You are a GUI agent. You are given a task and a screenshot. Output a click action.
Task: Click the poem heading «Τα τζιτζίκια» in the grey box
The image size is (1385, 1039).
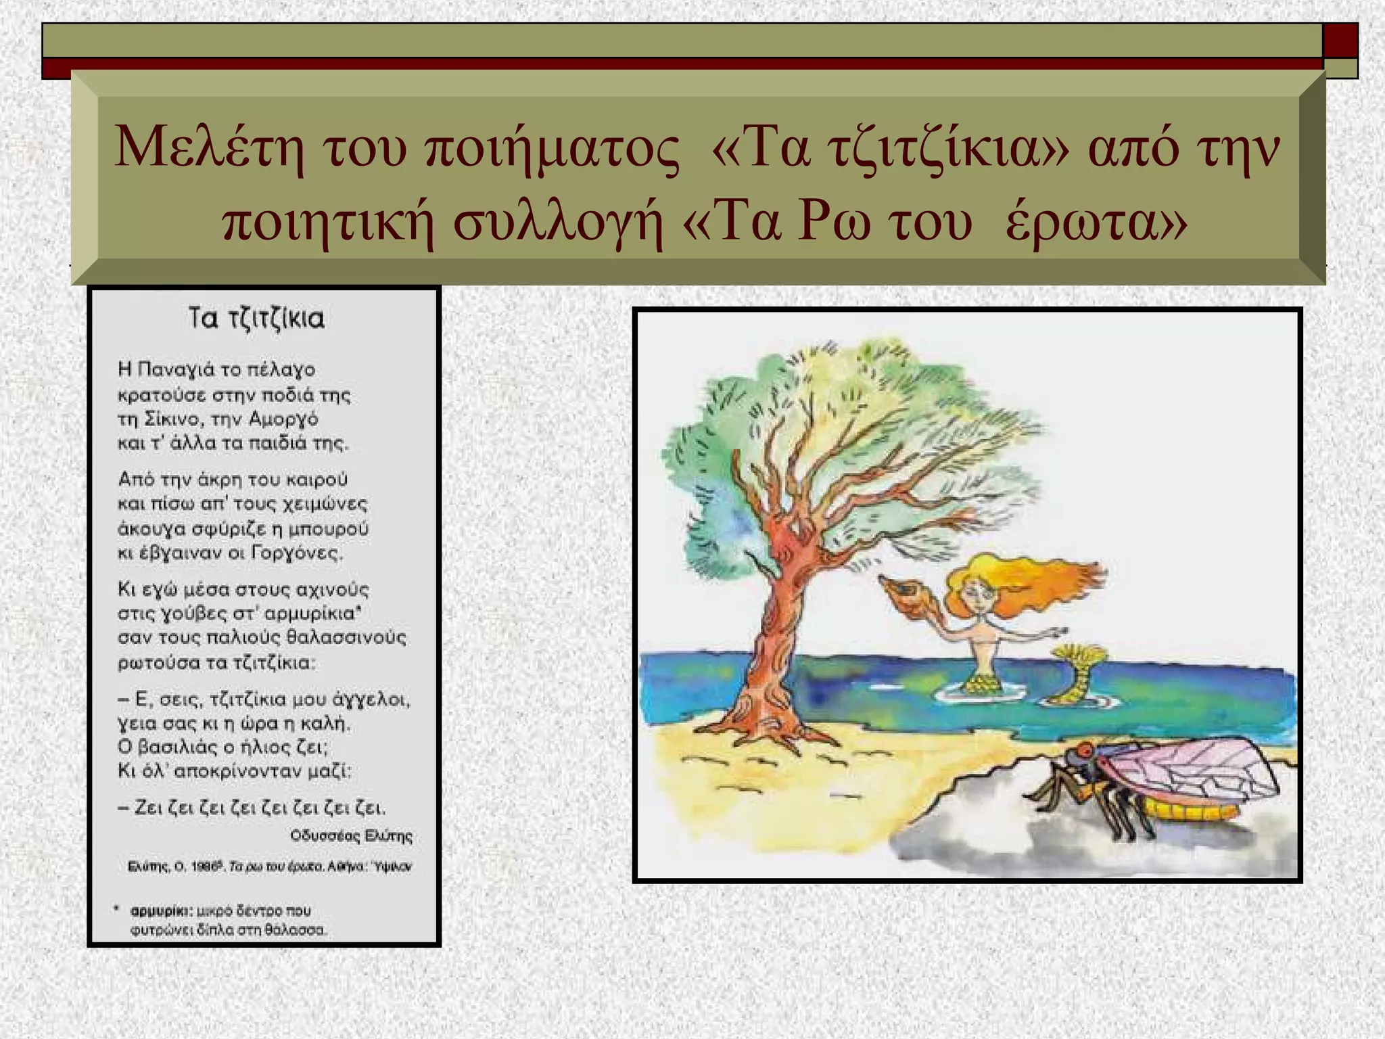pyautogui.click(x=256, y=319)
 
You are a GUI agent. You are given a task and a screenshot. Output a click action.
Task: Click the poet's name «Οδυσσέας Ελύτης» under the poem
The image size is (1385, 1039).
pyautogui.click(x=351, y=836)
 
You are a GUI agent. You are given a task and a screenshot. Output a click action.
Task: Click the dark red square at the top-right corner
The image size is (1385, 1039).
pyautogui.click(x=1340, y=41)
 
